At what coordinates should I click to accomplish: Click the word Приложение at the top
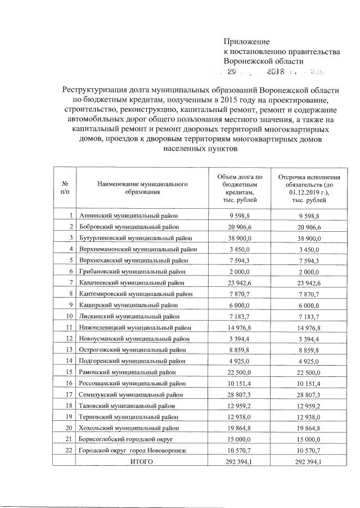click(x=247, y=41)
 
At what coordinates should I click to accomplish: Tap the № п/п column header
click(x=64, y=188)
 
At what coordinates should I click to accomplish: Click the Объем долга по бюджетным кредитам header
click(x=239, y=188)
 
